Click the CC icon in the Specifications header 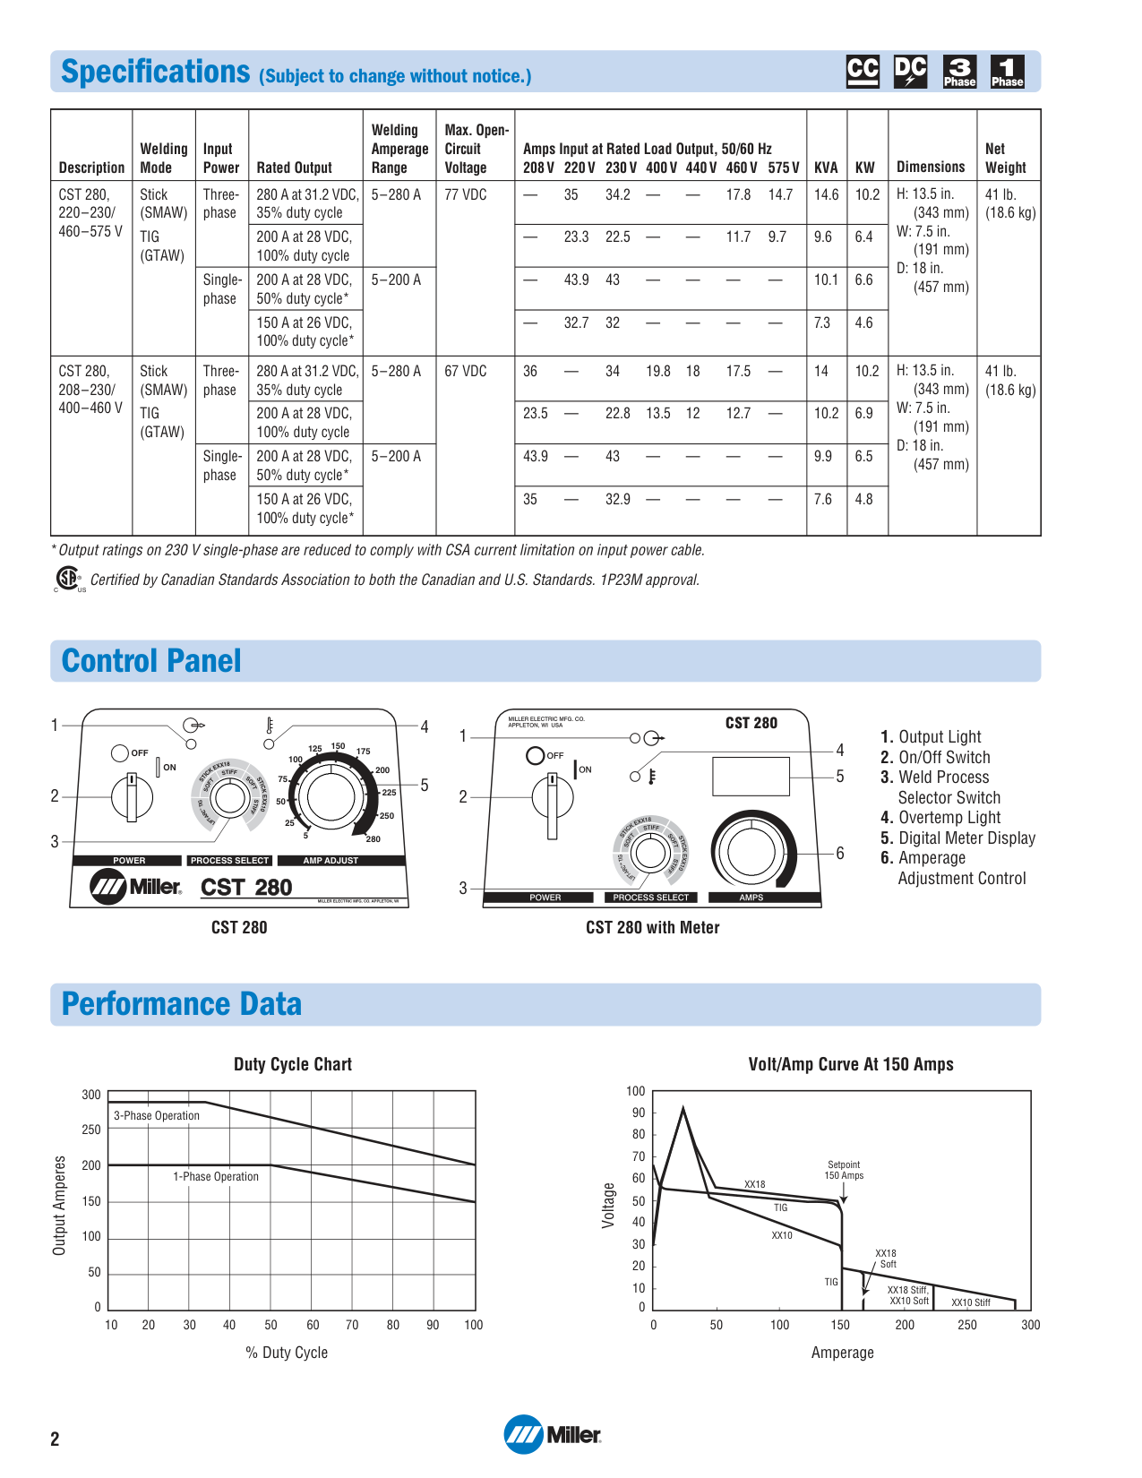pyautogui.click(x=863, y=72)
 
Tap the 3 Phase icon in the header pyautogui.click(x=959, y=72)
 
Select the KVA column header pyautogui.click(x=826, y=168)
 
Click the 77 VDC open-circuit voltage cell pyautogui.click(x=466, y=194)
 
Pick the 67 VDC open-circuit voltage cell pyautogui.click(x=466, y=371)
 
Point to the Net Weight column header pyautogui.click(x=1005, y=158)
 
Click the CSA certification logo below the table pyautogui.click(x=68, y=579)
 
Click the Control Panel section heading pyautogui.click(x=151, y=661)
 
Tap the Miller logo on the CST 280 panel pyautogui.click(x=135, y=887)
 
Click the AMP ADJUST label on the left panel pyautogui.click(x=331, y=860)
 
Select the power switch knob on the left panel pyautogui.click(x=132, y=795)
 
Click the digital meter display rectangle pyautogui.click(x=751, y=777)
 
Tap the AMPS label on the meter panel pyautogui.click(x=751, y=897)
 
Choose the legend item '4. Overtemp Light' pyautogui.click(x=940, y=817)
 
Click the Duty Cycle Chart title pyautogui.click(x=293, y=1064)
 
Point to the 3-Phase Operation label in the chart pyautogui.click(x=157, y=1115)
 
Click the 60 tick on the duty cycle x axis pyautogui.click(x=313, y=1325)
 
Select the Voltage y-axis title pyautogui.click(x=609, y=1205)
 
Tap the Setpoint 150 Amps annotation pyautogui.click(x=844, y=1170)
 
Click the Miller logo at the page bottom pyautogui.click(x=553, y=1434)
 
